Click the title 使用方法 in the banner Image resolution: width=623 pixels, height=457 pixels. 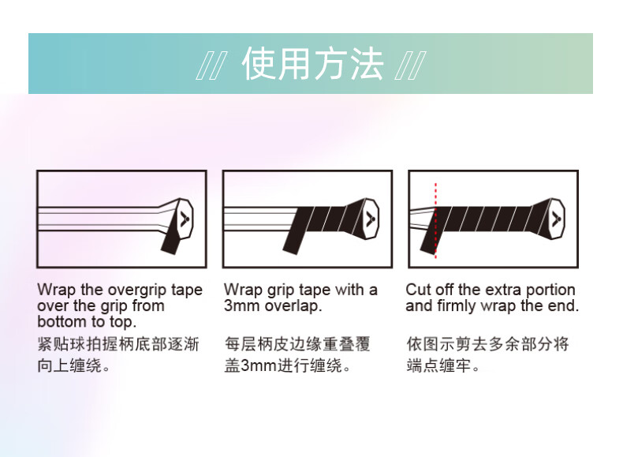coord(313,64)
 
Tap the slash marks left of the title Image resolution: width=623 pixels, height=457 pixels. coord(212,66)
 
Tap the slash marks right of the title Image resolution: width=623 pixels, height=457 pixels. coord(410,66)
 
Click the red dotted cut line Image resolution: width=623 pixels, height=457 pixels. coord(436,221)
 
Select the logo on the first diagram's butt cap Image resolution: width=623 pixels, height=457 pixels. coord(185,219)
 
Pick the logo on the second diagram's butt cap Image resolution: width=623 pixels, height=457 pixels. coord(371,219)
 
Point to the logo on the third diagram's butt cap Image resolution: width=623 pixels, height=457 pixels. coord(556,219)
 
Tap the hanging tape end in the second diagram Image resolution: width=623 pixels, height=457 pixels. coord(295,239)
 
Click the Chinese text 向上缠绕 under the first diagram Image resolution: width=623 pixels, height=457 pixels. coord(69,365)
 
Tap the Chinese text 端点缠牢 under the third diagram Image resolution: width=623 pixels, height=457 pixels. coord(438,365)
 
